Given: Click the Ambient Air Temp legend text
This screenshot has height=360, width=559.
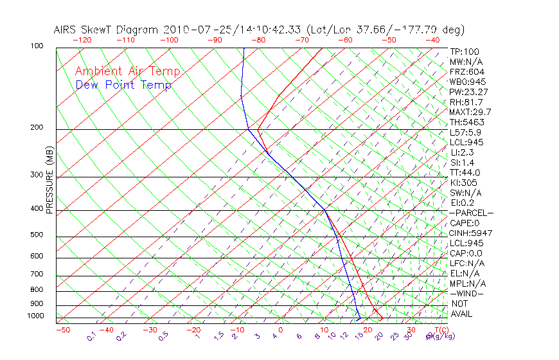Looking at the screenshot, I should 127,71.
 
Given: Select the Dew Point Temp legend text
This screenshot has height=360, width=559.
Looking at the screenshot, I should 123,85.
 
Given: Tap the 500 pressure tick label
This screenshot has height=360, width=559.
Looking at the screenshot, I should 36,235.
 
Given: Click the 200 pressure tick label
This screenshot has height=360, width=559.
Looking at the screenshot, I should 36,128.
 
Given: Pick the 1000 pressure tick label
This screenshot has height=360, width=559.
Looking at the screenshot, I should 35,316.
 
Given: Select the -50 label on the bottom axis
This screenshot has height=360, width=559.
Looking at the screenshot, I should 62,330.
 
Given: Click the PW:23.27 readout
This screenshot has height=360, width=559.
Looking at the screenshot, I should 469,92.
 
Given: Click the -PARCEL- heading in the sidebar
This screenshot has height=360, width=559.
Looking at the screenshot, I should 471,213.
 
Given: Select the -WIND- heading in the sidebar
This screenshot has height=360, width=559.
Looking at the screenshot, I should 466,293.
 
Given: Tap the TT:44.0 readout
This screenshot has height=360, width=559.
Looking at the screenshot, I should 465,172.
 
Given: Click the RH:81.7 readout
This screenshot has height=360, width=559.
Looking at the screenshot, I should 466,102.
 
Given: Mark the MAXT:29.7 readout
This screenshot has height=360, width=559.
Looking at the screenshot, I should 470,112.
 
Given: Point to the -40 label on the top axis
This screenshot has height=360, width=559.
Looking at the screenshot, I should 432,40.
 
